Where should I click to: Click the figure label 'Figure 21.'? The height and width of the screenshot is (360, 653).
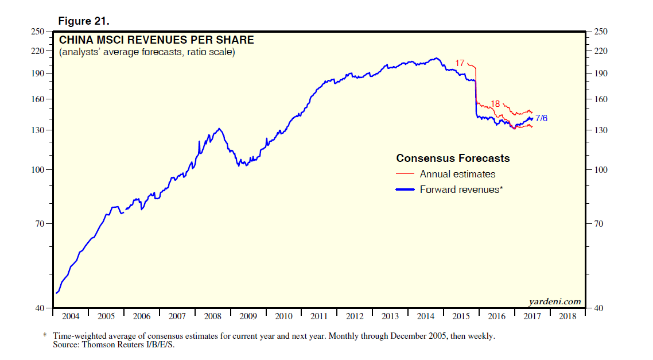pos(83,21)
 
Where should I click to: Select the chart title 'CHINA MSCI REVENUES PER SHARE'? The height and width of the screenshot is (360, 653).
pos(157,40)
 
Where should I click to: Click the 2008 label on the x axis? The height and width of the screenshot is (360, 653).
pos(212,316)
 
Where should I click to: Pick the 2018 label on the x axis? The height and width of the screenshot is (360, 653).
pos(568,316)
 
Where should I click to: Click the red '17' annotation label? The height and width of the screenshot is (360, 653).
pos(460,63)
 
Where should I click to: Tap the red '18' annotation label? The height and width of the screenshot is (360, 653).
pos(496,104)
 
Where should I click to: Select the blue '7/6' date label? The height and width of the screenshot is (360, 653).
pos(541,119)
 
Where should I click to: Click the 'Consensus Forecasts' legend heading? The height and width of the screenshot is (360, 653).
pos(453,158)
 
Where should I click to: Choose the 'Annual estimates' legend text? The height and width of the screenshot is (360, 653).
pos(457,174)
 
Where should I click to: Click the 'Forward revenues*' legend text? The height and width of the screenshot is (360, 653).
pos(461,189)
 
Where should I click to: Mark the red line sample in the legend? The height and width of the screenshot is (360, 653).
pos(405,174)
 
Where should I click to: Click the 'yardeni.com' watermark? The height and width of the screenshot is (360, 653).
pos(554,301)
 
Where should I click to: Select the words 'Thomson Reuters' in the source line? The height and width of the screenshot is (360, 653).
pos(112,345)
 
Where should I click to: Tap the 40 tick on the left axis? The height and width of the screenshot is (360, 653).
pos(40,308)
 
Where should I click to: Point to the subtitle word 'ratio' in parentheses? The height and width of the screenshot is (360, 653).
pos(190,52)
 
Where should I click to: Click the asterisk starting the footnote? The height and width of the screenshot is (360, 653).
pos(45,335)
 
